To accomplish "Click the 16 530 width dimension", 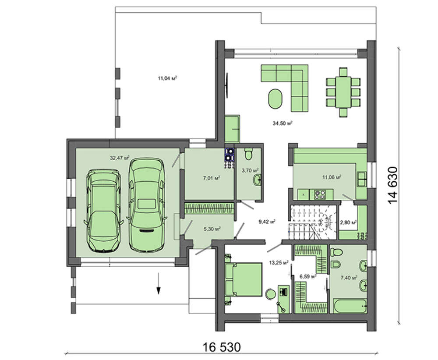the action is click(x=222, y=347).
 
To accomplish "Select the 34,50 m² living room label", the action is click(x=283, y=123).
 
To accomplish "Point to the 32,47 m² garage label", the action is click(x=120, y=158).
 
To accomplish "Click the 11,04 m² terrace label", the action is click(x=167, y=78).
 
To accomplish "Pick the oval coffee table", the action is click(x=276, y=99).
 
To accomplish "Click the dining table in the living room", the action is click(x=343, y=92).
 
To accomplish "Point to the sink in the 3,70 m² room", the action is click(x=258, y=180).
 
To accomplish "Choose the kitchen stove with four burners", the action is click(x=320, y=194).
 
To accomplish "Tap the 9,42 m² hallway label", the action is click(x=267, y=222).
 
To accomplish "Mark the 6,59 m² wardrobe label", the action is click(x=308, y=276).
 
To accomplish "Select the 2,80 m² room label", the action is click(x=348, y=222).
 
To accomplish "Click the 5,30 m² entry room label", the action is click(x=212, y=229).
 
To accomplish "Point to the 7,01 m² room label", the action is click(x=212, y=178).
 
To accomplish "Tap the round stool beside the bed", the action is click(x=270, y=294).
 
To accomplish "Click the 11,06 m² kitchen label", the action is click(x=332, y=177).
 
